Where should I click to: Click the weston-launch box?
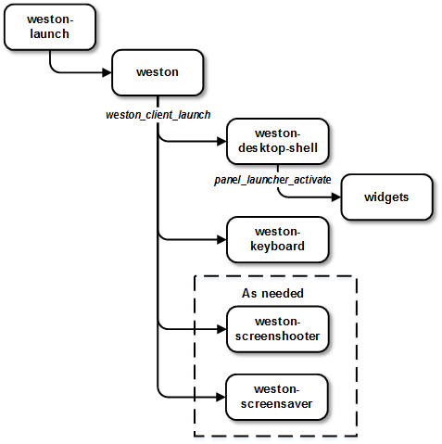click(37, 28)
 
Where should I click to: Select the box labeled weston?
click(157, 71)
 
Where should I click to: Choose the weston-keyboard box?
click(277, 239)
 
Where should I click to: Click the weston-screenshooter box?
click(277, 328)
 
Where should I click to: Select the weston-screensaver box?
click(277, 396)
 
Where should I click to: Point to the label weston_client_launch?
click(157, 114)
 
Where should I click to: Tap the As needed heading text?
click(273, 293)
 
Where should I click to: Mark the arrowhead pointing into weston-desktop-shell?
click(221, 142)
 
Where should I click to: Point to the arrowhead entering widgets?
click(336, 197)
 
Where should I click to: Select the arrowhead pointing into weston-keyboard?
click(221, 239)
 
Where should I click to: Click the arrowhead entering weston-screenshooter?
click(221, 328)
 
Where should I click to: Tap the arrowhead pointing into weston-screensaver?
click(221, 396)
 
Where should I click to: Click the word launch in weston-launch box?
click(37, 35)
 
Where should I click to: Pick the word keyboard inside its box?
click(277, 247)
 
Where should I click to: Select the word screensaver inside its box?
click(277, 403)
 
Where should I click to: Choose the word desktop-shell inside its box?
click(277, 149)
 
